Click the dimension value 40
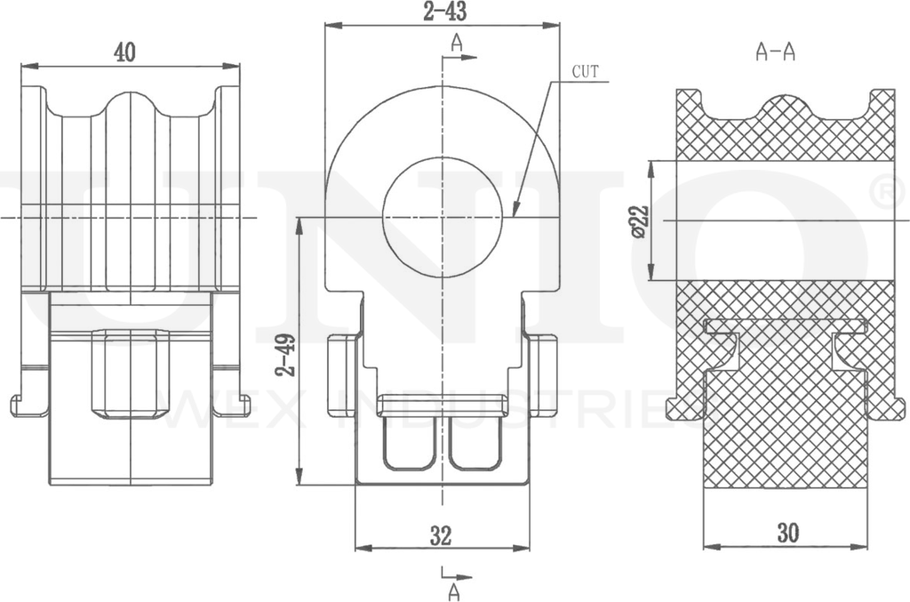coord(124,52)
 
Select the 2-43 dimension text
coord(444,11)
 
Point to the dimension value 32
coord(441,535)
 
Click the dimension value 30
coord(787,533)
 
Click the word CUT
coord(585,72)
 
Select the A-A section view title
coord(775,52)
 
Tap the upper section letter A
coord(457,42)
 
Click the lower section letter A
coord(454,592)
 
